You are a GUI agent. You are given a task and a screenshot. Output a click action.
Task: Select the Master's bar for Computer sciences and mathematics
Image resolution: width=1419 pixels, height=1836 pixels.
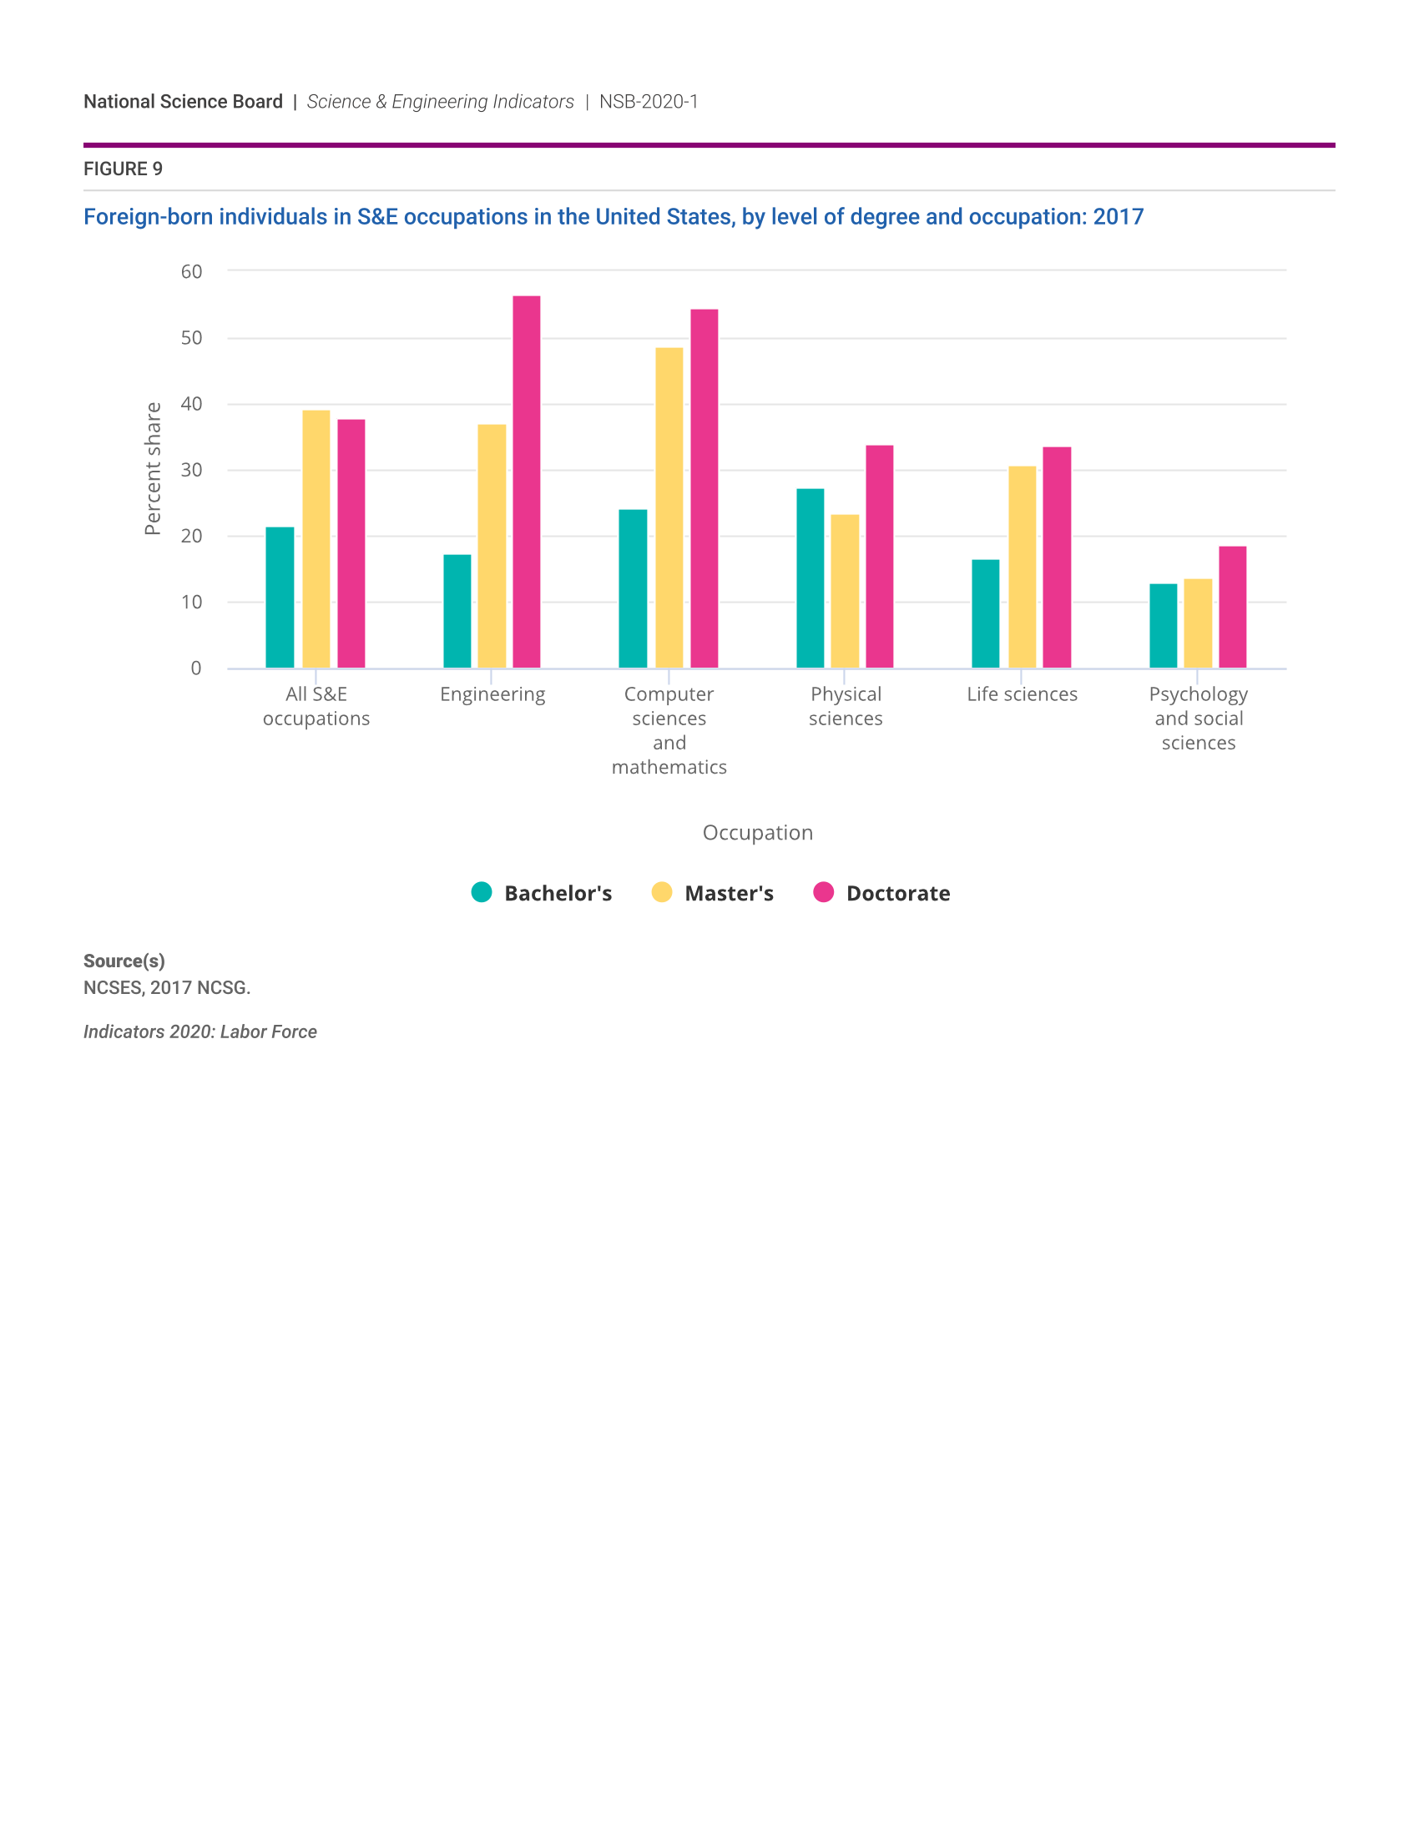click(669, 507)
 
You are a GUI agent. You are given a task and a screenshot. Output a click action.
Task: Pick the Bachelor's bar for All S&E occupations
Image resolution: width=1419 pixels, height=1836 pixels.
click(280, 598)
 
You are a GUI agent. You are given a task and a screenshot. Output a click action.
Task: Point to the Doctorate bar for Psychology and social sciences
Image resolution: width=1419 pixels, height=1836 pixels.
click(1232, 607)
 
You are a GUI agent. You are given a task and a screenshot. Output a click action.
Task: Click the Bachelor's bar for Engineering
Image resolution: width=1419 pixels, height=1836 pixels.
click(457, 611)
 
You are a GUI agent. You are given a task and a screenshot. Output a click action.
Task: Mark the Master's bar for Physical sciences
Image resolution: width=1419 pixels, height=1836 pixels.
click(845, 591)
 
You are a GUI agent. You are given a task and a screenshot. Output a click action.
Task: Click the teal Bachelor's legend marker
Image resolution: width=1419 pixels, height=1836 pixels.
click(482, 892)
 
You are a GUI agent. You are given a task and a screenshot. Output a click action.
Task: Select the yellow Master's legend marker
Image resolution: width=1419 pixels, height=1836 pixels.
click(662, 892)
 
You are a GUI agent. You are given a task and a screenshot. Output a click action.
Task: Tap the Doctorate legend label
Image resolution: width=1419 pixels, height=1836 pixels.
click(898, 893)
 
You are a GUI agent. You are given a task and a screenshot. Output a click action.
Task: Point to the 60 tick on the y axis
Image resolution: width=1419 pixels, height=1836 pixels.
click(192, 271)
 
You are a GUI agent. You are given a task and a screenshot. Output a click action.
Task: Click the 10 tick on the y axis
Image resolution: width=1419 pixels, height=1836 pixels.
click(192, 602)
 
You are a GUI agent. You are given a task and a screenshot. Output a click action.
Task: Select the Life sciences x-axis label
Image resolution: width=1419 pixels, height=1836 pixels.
click(1022, 694)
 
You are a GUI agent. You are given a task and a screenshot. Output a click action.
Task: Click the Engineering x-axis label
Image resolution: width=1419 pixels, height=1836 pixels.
click(492, 694)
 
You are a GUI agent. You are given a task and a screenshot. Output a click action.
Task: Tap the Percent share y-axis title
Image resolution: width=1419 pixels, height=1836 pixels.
click(152, 468)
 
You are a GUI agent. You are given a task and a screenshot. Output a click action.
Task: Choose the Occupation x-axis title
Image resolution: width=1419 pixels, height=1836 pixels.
click(757, 832)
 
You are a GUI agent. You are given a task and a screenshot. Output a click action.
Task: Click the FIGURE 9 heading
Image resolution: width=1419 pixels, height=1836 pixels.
click(123, 169)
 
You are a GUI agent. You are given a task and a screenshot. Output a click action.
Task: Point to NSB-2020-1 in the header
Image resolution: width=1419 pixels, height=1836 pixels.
click(648, 102)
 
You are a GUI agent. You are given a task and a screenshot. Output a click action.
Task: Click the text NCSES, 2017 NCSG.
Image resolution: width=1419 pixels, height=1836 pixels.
click(166, 988)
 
